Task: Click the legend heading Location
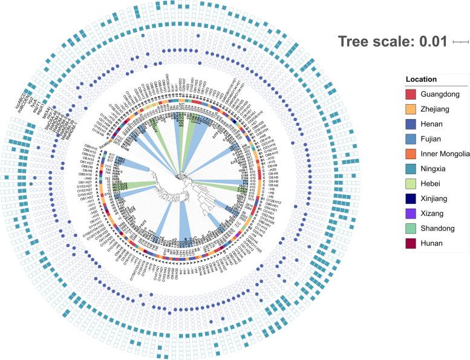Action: [x=422, y=79]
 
